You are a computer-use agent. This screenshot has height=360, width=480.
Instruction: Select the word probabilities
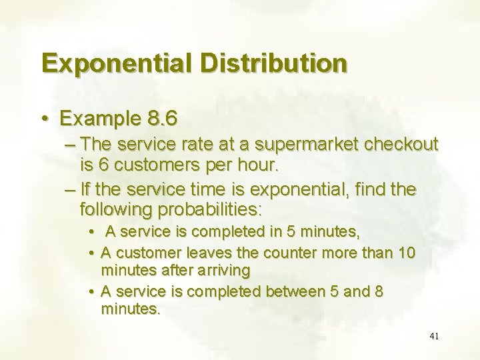[x=211, y=209]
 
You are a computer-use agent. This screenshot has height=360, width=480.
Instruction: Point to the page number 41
[x=434, y=336]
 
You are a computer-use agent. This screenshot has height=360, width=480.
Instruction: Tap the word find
[x=372, y=191]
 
